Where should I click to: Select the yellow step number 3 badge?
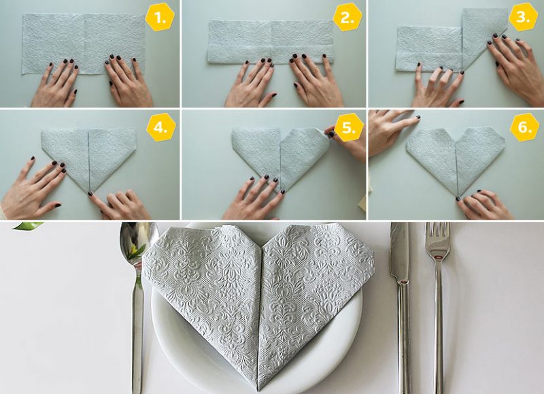coord(522,18)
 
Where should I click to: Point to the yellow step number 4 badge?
coord(161,127)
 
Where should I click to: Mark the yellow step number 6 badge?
coord(524,127)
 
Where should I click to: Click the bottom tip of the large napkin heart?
coord(258,389)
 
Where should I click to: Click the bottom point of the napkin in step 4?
coord(88,191)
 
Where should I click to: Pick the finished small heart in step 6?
coord(456,153)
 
